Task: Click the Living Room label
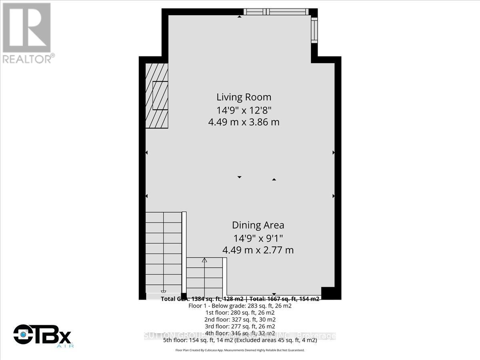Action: pos(244,97)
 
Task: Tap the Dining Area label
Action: pos(258,225)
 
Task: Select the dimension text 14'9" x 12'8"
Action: pos(244,110)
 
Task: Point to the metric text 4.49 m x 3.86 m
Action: pos(244,122)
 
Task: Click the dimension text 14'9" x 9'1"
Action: pos(258,238)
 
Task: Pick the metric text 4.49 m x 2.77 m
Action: pos(258,250)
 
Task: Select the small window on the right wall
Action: pos(314,30)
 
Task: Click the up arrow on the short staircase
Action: pos(204,261)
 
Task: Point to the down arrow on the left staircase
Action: pos(163,292)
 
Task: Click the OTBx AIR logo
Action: pos(42,335)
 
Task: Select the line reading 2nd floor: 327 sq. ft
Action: pos(240,320)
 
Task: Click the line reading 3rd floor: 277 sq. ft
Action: pos(240,326)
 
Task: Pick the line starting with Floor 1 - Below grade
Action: pos(240,306)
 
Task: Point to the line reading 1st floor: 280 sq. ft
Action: pos(240,312)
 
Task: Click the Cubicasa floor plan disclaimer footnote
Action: pos(240,350)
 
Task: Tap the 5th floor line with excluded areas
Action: pos(240,340)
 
